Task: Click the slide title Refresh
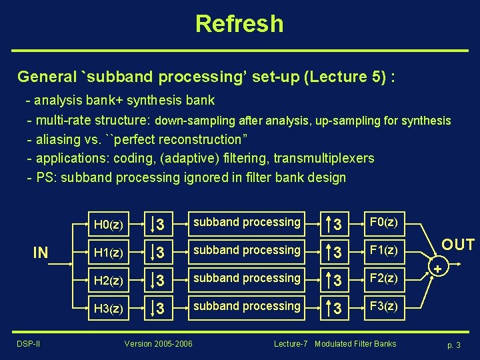tap(239, 24)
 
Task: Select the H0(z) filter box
tap(108, 223)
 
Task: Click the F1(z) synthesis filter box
tap(383, 251)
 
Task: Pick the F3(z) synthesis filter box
tap(383, 307)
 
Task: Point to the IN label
tap(41, 253)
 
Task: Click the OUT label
tap(458, 245)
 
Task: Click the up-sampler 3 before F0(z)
tap(337, 223)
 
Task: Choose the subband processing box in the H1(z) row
tap(247, 251)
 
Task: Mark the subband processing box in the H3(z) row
tap(247, 307)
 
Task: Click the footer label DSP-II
tap(29, 344)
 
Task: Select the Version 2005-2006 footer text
tap(158, 344)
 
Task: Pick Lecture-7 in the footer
tap(291, 344)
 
